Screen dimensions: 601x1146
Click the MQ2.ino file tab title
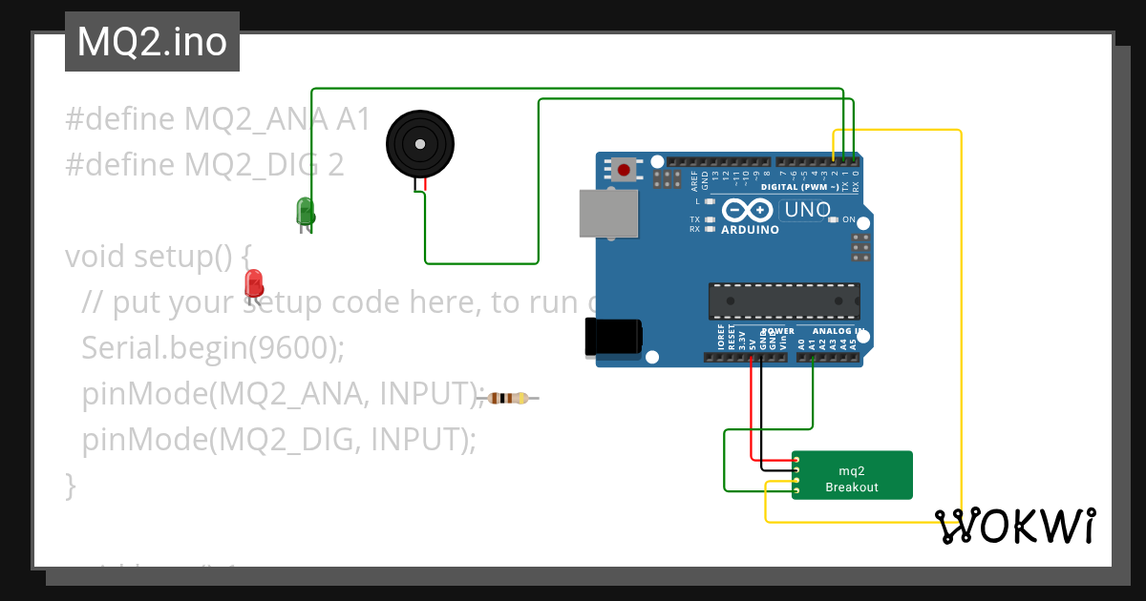(x=152, y=42)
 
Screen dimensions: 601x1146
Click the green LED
(x=305, y=211)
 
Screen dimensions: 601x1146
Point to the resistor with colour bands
(x=508, y=398)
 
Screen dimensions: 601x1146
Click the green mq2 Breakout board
(x=852, y=475)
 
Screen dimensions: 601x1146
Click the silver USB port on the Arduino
(x=608, y=213)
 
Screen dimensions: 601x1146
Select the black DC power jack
(x=612, y=338)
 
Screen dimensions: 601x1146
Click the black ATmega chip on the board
(x=783, y=300)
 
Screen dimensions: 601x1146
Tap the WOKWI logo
(x=1014, y=526)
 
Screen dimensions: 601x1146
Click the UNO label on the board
(x=807, y=210)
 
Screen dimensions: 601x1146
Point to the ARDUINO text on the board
(x=750, y=230)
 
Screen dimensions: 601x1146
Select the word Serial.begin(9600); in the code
(x=212, y=348)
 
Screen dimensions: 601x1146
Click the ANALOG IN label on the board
(x=839, y=332)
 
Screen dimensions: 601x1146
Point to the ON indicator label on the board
(x=849, y=219)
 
